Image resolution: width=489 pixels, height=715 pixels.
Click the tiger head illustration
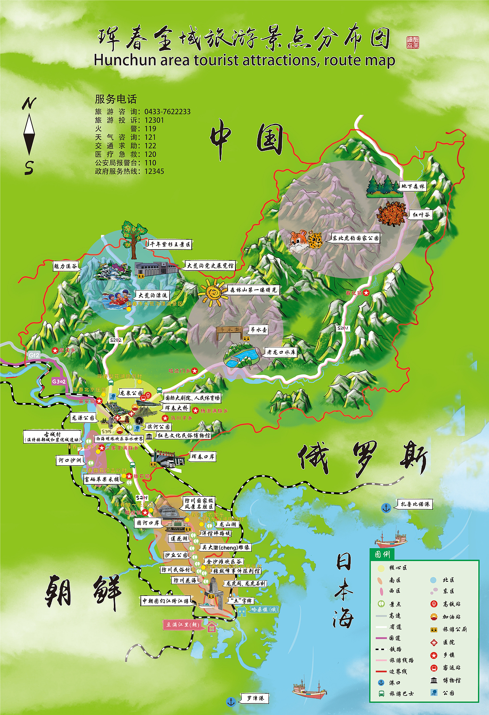point(298,242)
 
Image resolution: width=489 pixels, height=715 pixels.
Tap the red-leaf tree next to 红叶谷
point(392,214)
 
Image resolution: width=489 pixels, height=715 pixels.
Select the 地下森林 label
point(413,186)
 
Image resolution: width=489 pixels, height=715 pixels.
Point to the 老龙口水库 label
point(281,352)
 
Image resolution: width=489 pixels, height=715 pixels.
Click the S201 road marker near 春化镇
point(343,328)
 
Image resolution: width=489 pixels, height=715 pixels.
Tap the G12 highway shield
point(34,355)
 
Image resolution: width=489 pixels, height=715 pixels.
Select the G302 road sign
point(59,381)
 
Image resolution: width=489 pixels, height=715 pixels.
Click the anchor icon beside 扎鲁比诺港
point(386,508)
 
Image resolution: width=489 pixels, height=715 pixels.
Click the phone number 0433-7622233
point(167,111)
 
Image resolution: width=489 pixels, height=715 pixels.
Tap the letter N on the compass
point(29,103)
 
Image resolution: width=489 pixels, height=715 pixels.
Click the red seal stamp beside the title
point(413,42)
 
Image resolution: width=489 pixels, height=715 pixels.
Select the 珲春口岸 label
point(203,457)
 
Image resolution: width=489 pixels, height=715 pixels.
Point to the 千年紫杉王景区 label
point(170,244)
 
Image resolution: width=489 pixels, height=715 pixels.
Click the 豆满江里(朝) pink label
point(182,625)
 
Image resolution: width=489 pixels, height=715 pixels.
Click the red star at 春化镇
point(366,293)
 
